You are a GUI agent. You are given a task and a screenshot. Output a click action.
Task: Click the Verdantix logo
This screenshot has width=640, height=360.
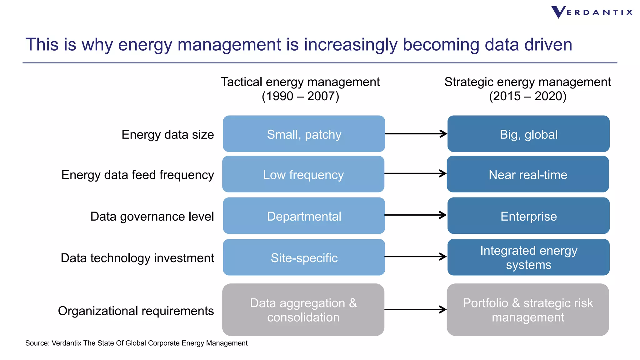pyautogui.click(x=592, y=12)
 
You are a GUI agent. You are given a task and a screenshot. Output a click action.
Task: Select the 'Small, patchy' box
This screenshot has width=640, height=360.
pyautogui.click(x=304, y=134)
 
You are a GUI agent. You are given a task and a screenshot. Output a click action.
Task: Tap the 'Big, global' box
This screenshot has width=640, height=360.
pyautogui.click(x=528, y=134)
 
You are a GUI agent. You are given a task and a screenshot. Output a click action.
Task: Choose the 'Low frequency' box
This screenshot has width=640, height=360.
pyautogui.click(x=303, y=174)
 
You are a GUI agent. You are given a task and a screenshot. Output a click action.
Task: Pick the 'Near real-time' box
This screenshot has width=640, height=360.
pyautogui.click(x=528, y=174)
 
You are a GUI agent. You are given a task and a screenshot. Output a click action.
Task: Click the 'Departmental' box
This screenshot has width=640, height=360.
pyautogui.click(x=304, y=216)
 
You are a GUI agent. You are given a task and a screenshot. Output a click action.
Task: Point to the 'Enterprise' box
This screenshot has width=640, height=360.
pyautogui.click(x=528, y=216)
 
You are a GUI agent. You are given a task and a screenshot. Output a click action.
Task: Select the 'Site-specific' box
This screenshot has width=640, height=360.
pyautogui.click(x=304, y=257)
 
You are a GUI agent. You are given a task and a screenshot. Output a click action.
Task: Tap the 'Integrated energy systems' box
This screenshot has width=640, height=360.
pyautogui.click(x=528, y=257)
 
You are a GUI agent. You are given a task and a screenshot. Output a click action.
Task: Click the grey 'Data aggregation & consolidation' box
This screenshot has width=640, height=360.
pyautogui.click(x=303, y=310)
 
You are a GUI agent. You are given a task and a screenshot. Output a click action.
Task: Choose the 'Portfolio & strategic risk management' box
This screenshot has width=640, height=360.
pyautogui.click(x=528, y=310)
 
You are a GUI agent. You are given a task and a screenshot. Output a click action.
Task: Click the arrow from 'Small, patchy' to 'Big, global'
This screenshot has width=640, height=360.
pyautogui.click(x=416, y=134)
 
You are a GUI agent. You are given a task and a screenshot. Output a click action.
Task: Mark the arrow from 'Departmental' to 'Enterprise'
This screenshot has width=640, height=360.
pyautogui.click(x=416, y=215)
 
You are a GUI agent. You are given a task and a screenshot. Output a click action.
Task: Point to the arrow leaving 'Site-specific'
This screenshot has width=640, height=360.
pyautogui.click(x=416, y=257)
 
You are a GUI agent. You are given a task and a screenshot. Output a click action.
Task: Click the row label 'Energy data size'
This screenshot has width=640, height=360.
pyautogui.click(x=168, y=135)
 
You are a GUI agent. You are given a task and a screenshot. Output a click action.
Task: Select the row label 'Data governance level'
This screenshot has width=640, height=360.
pyautogui.click(x=152, y=217)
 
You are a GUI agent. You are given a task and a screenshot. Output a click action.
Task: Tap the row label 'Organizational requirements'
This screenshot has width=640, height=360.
pyautogui.click(x=136, y=311)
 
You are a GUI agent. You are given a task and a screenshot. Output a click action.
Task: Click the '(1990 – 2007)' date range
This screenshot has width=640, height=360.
pyautogui.click(x=300, y=96)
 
